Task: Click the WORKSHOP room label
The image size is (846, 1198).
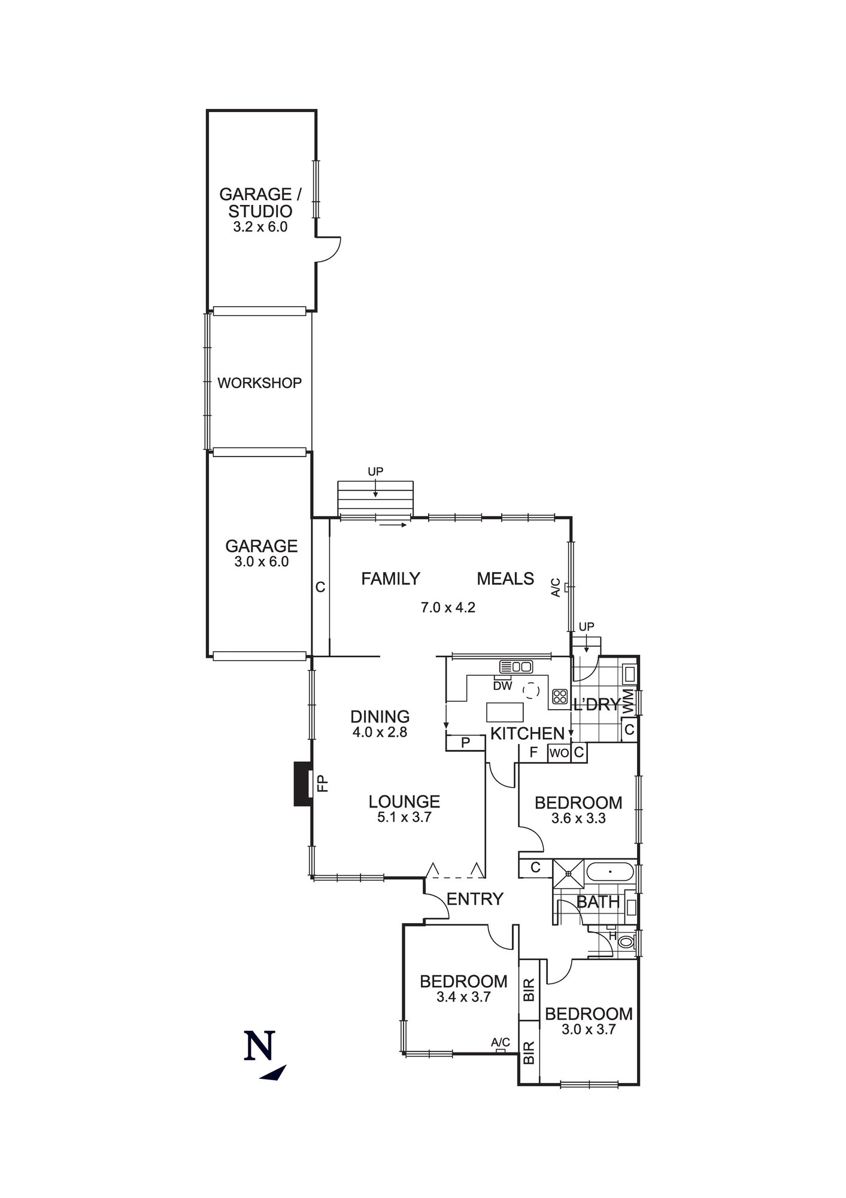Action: pyautogui.click(x=259, y=383)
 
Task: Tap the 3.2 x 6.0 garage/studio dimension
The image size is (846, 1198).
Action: pyautogui.click(x=260, y=227)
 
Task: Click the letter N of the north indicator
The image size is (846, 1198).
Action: pyautogui.click(x=260, y=1045)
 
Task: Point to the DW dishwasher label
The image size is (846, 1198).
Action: pyautogui.click(x=502, y=685)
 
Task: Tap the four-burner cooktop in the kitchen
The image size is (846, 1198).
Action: pyautogui.click(x=560, y=696)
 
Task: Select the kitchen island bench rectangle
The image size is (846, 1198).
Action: pyautogui.click(x=505, y=712)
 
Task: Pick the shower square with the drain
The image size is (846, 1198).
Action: pyautogui.click(x=568, y=873)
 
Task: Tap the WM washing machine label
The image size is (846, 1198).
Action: pyautogui.click(x=628, y=701)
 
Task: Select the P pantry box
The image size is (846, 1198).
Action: pyautogui.click(x=465, y=743)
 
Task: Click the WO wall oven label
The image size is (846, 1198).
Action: pyautogui.click(x=559, y=753)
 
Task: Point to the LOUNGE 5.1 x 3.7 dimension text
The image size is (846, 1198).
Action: pyautogui.click(x=404, y=817)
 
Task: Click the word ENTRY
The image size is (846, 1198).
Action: pyautogui.click(x=475, y=899)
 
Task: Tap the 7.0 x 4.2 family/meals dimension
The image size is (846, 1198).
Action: pyautogui.click(x=448, y=607)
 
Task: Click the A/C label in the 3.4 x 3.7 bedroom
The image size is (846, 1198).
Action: pyautogui.click(x=501, y=1042)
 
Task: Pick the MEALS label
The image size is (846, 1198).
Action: pyautogui.click(x=505, y=579)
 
